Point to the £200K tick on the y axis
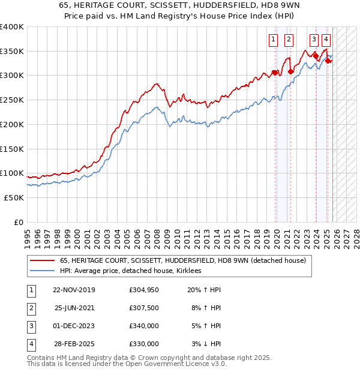(x=12, y=124)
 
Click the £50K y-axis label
(x=14, y=197)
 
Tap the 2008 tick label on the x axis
(x=157, y=234)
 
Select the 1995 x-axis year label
(x=27, y=234)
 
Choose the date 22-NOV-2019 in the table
(x=74, y=290)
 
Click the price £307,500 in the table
(x=144, y=308)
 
